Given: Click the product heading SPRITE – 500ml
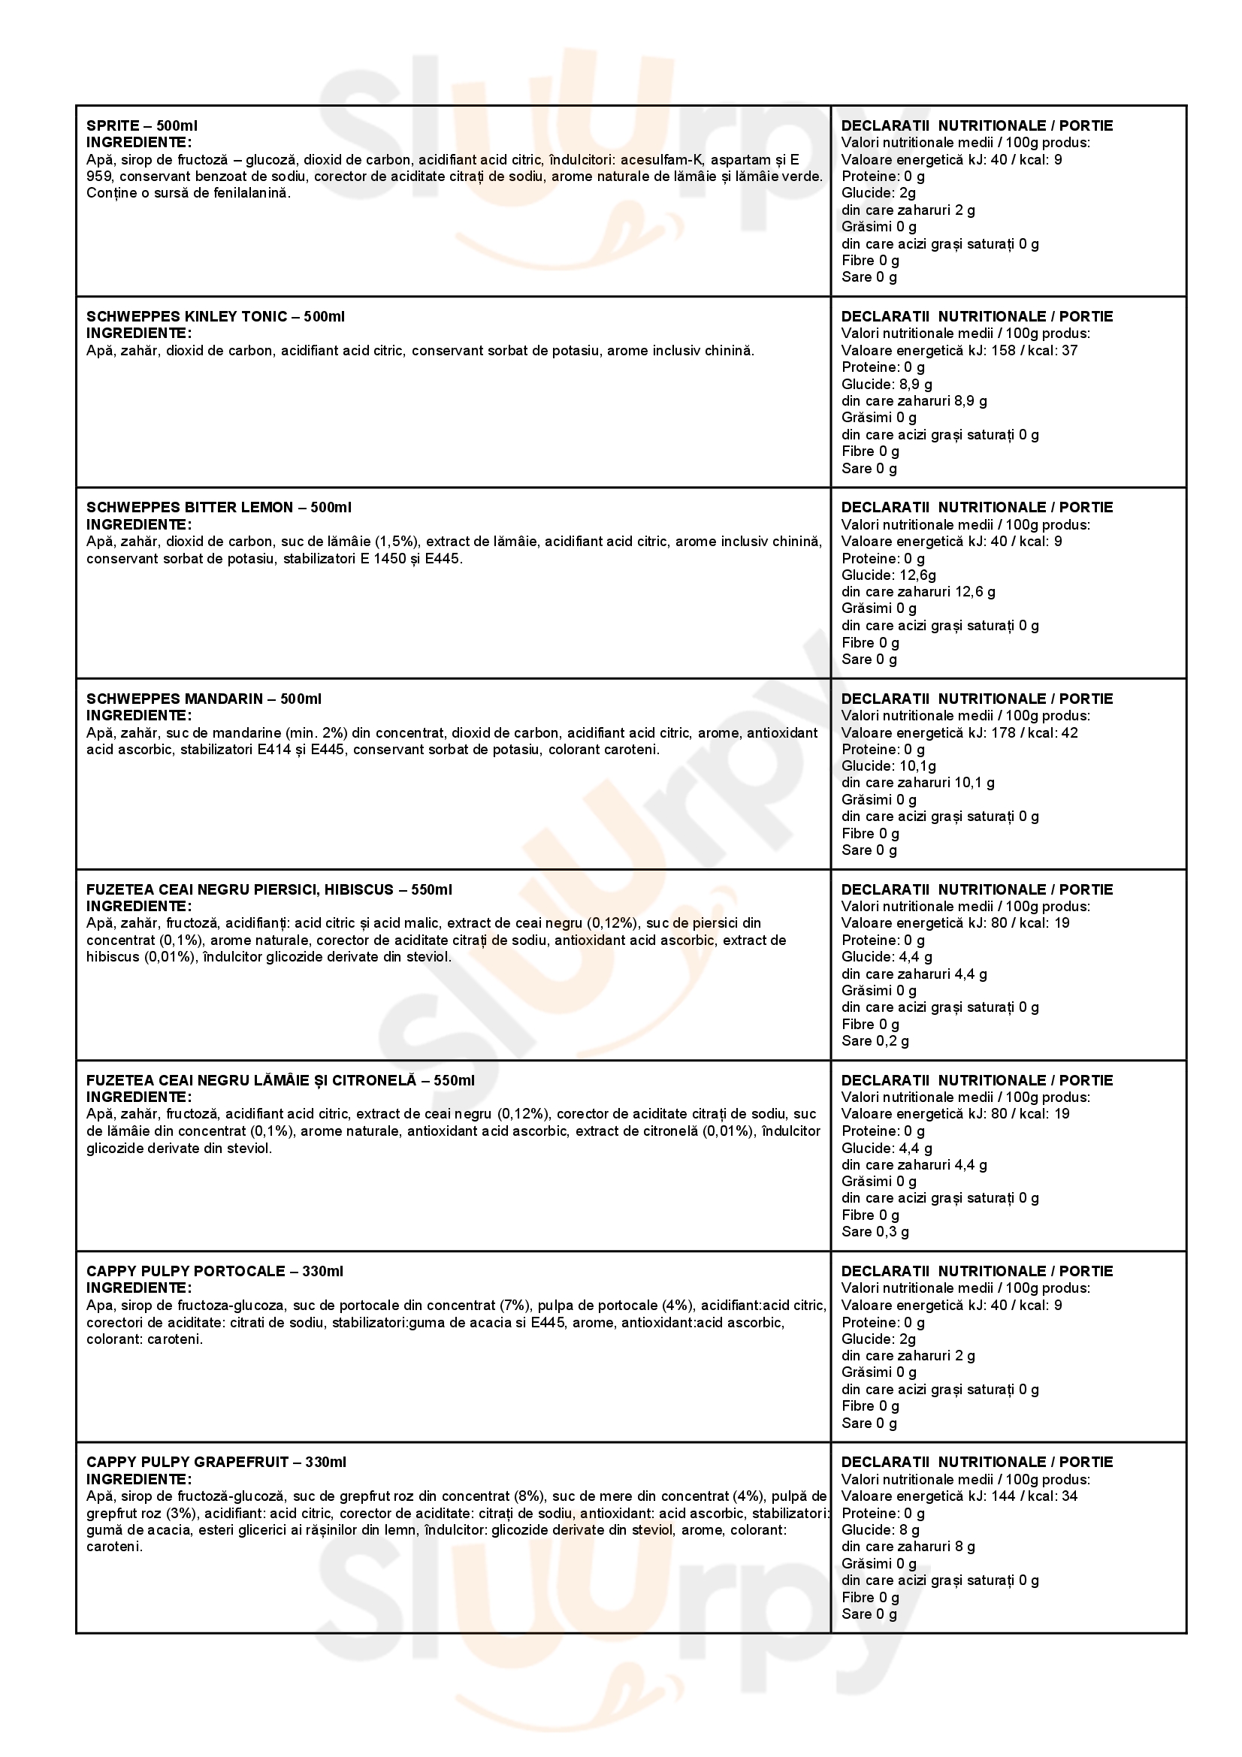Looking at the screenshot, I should (141, 125).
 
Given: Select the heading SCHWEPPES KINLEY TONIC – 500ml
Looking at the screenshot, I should (215, 316).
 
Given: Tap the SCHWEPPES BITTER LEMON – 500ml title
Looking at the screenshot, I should (219, 507).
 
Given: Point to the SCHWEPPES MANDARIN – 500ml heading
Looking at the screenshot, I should (204, 699).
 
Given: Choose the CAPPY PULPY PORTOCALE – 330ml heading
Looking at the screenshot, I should (214, 1271).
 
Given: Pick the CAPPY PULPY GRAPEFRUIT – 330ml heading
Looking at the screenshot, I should (216, 1463).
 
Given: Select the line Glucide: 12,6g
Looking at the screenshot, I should (888, 575).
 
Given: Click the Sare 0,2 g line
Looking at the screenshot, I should (875, 1040).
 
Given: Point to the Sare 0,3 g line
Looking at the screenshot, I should (875, 1231).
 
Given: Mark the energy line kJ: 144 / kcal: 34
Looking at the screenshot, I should (959, 1496).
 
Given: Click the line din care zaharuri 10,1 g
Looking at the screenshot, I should (917, 782).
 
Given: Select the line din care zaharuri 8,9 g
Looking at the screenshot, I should (914, 400).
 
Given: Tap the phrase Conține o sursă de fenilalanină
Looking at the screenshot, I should (189, 193).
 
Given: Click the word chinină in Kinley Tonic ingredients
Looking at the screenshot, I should (729, 351).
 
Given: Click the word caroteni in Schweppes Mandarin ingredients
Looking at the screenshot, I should (632, 749).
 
